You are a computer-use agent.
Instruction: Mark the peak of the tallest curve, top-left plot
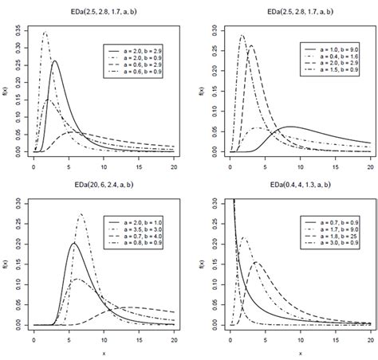coord(45,33)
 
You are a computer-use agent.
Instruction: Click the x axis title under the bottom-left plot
coord(104,354)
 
